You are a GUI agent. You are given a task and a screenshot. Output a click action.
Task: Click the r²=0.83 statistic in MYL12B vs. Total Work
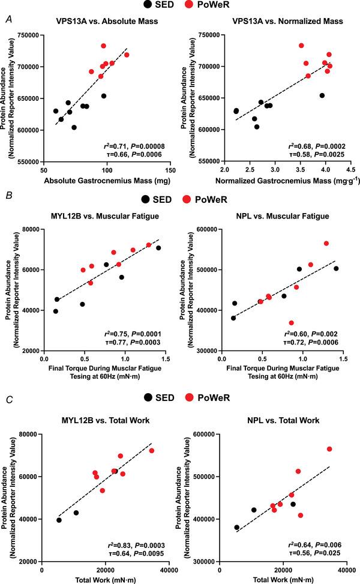click(x=124, y=544)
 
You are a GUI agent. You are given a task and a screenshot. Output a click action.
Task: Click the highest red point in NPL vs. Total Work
click(x=329, y=449)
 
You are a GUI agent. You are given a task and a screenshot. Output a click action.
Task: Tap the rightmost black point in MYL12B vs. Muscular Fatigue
click(x=158, y=248)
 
